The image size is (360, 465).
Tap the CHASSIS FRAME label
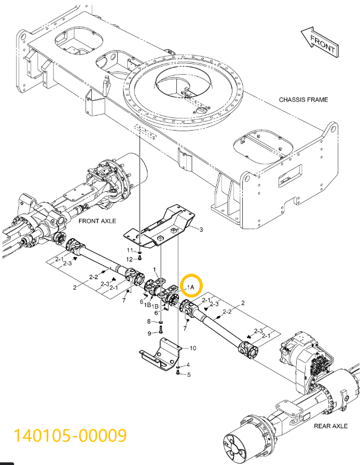[303, 100]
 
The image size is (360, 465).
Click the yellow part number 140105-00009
[70, 434]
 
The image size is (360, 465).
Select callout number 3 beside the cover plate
[201, 229]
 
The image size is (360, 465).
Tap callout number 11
[131, 250]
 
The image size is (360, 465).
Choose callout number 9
[149, 333]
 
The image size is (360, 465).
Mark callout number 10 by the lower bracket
[192, 348]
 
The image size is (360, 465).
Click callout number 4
[188, 364]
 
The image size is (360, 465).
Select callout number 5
[188, 374]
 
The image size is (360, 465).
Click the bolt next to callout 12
[140, 258]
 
